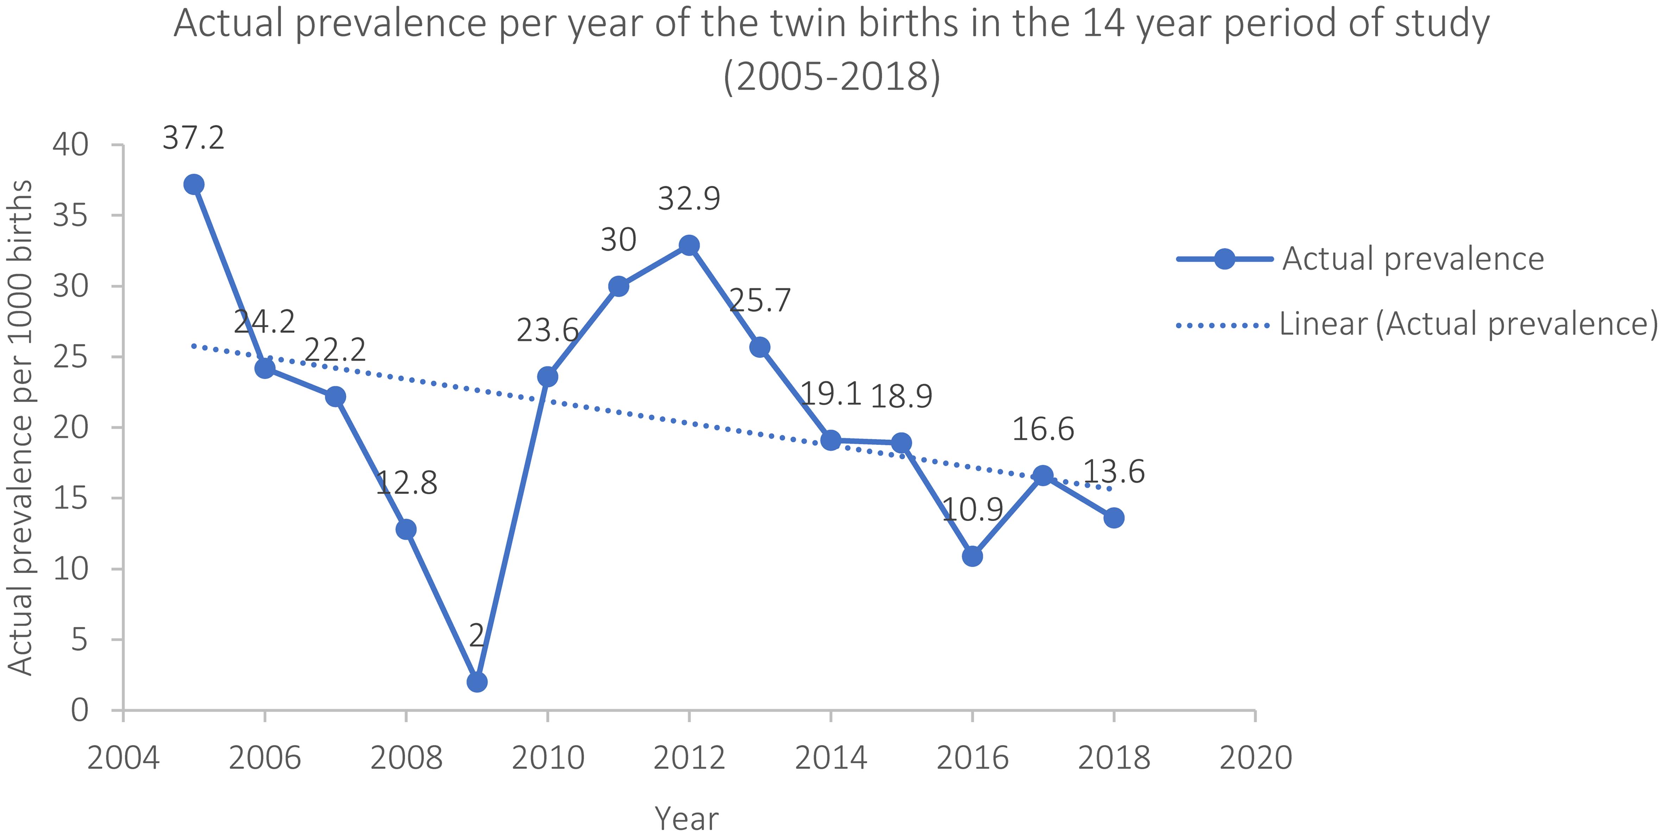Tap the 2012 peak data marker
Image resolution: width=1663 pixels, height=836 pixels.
click(x=689, y=245)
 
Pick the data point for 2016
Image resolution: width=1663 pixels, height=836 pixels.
click(x=972, y=556)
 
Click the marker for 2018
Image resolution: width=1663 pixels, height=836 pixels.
click(x=1113, y=518)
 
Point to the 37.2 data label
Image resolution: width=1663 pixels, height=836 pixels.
click(x=194, y=138)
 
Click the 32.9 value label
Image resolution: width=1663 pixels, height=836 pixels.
click(x=689, y=199)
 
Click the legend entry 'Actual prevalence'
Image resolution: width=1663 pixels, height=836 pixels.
click(x=1412, y=259)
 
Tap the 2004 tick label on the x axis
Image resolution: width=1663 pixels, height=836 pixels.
click(x=123, y=758)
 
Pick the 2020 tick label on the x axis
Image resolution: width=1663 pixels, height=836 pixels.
click(x=1256, y=758)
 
